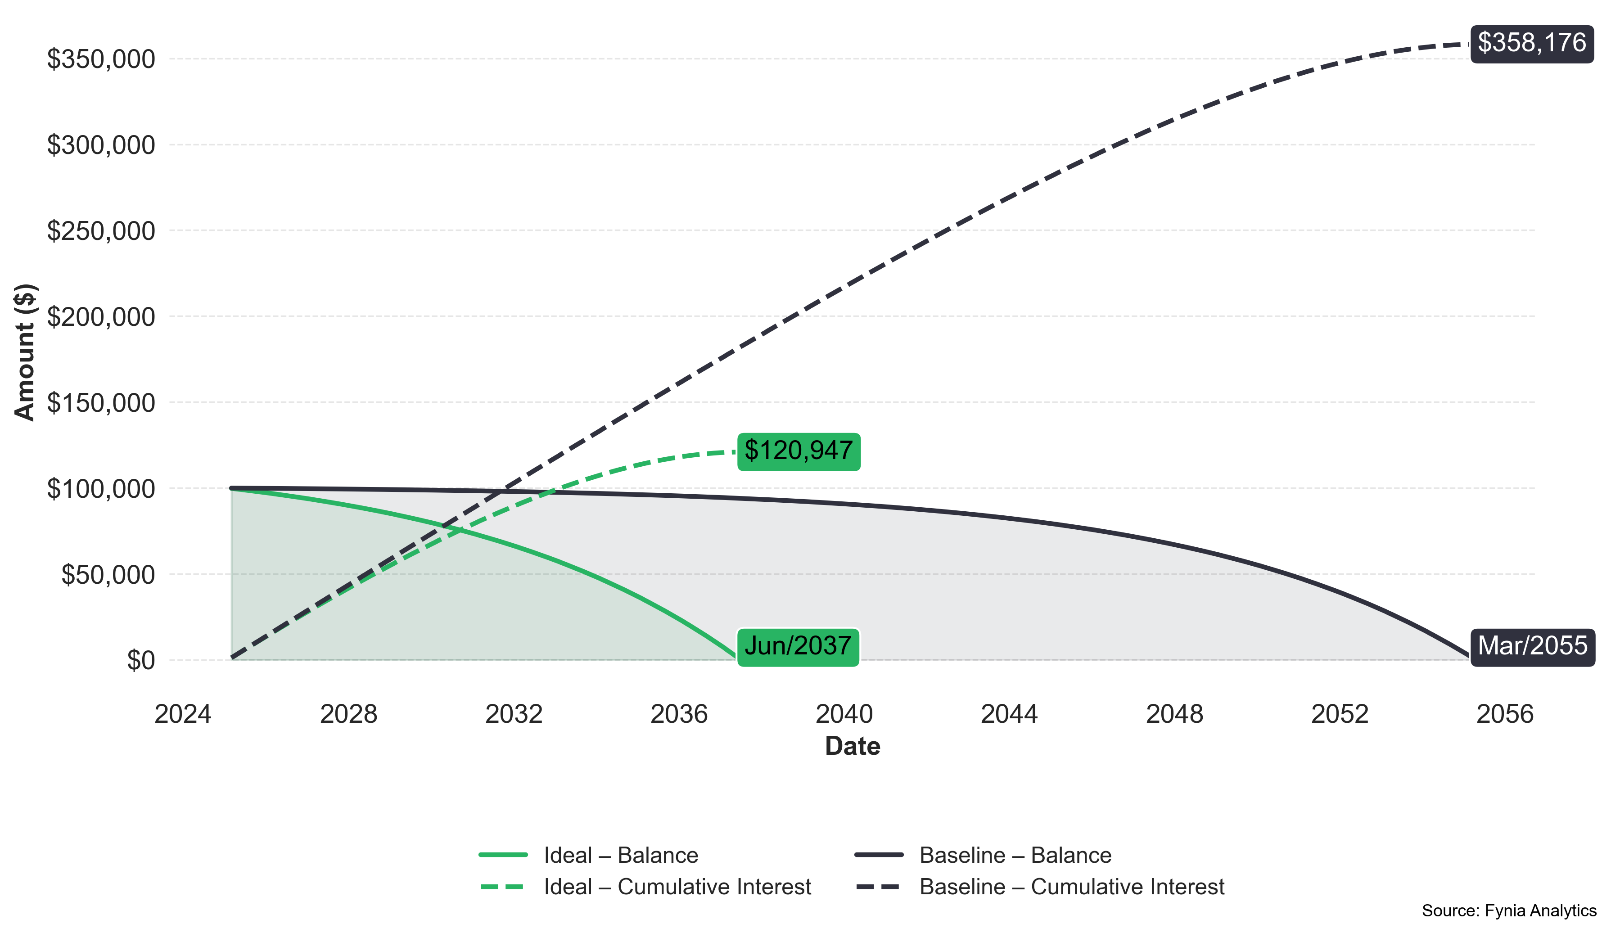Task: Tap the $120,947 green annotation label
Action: (799, 451)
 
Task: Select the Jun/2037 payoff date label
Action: (798, 646)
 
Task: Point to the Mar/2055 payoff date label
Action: (1532, 646)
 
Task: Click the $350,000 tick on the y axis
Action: (101, 59)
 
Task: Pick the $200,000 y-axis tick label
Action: (101, 317)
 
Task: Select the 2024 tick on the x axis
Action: (183, 714)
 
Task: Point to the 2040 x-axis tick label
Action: (844, 714)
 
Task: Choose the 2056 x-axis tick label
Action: (1505, 714)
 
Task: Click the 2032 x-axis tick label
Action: (513, 714)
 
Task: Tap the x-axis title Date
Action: (852, 746)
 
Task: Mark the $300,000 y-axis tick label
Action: (101, 145)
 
